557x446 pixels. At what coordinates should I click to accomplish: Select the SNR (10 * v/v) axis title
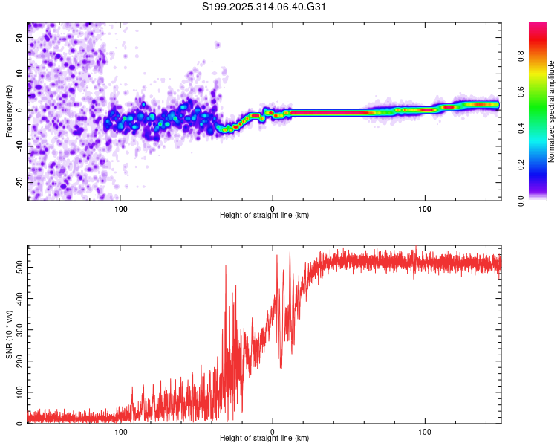(9, 334)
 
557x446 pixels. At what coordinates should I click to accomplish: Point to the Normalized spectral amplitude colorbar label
(551, 111)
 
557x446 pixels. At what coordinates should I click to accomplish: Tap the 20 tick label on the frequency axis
(19, 39)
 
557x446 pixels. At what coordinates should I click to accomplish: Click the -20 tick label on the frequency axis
(19, 181)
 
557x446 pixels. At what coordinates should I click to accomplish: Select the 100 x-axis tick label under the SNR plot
(425, 431)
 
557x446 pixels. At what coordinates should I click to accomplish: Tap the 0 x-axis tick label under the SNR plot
(273, 431)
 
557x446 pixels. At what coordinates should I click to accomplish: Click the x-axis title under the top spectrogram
(264, 216)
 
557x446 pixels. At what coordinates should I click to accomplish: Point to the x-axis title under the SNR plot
(264, 439)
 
